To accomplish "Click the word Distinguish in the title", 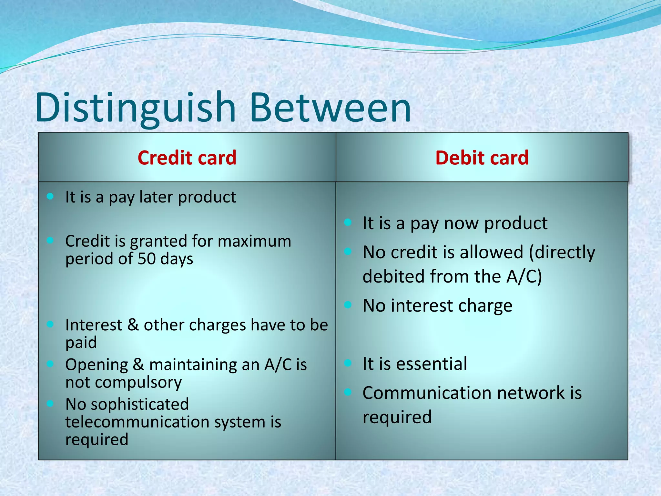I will click(136, 108).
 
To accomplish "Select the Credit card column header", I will click(187, 158).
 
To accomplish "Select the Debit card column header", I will click(482, 158).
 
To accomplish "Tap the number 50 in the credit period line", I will click(147, 259).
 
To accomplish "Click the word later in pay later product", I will click(156, 197).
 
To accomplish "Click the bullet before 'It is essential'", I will click(348, 363).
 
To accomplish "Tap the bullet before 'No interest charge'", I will click(348, 305).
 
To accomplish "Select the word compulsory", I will click(138, 383).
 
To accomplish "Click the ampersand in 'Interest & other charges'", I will click(133, 325).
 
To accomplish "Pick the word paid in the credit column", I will click(81, 343).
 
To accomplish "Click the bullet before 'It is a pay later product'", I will click(50, 196).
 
